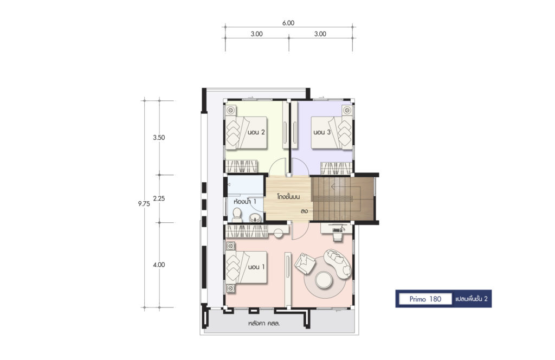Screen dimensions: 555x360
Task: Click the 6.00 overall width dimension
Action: (288, 23)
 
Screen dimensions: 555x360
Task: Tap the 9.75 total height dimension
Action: (144, 203)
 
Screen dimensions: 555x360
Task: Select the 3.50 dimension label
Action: (159, 137)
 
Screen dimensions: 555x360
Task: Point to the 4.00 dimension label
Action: (159, 265)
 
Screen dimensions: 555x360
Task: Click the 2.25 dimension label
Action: (159, 198)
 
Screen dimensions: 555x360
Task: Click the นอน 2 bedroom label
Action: (256, 132)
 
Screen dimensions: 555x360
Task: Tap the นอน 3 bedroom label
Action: (322, 132)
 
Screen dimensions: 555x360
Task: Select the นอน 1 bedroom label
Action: (256, 267)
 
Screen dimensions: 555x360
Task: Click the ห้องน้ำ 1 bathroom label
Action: (244, 201)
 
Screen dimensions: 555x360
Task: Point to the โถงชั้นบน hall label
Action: (288, 196)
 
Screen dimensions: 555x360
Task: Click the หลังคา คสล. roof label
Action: (264, 323)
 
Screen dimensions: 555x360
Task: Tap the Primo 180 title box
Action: (425, 299)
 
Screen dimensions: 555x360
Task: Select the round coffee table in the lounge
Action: (324, 280)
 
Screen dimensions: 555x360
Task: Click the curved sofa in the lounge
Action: (338, 262)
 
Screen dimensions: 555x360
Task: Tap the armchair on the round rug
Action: (304, 262)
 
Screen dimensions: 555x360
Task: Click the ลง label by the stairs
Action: (304, 211)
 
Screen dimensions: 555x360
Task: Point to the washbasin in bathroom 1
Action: (255, 218)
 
